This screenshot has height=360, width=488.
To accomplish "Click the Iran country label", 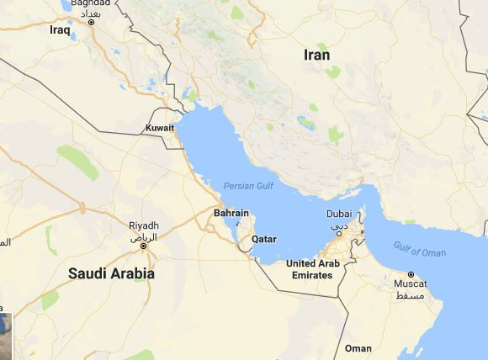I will pos(316,55).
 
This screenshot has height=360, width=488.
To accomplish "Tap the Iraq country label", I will pos(60,29).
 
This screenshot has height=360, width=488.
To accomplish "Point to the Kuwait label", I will pos(160,129).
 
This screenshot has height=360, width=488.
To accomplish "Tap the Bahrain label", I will pos(231,214).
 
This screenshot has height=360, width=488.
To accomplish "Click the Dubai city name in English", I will pos(340,214).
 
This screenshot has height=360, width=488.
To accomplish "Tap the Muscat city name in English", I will pos(411,285).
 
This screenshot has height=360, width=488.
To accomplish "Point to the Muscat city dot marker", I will pos(411,275).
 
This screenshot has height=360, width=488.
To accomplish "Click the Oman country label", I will pos(358,348).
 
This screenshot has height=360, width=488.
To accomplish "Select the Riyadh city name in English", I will pos(143,225).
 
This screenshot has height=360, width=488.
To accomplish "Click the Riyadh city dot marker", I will pos(143,245).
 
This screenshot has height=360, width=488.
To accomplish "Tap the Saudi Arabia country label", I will pos(111,273).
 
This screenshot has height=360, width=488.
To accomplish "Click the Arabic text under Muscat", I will pos(411,296).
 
